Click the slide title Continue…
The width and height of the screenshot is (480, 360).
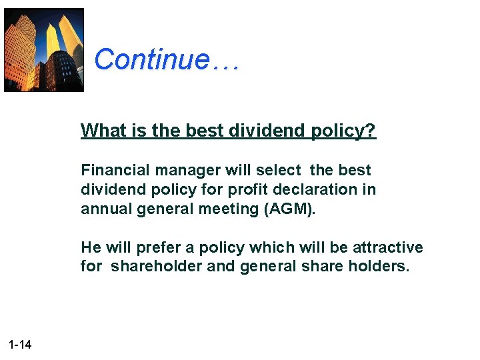point(166,59)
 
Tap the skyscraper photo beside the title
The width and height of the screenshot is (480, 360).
point(44,50)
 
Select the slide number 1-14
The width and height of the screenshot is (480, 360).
point(21,345)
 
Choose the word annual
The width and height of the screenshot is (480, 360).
point(103,209)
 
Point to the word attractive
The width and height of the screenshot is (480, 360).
point(388,247)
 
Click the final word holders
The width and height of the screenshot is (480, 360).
point(383,267)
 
